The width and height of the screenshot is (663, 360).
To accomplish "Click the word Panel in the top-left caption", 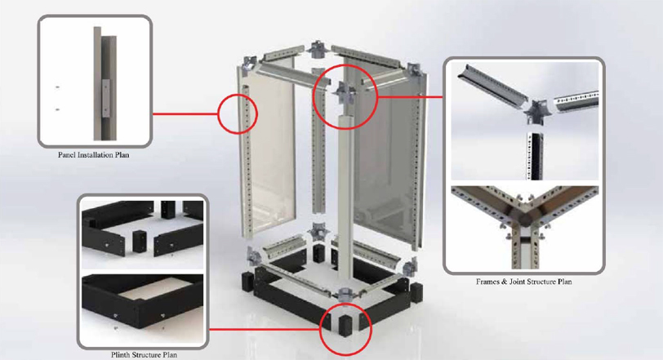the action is pyautogui.click(x=66, y=155).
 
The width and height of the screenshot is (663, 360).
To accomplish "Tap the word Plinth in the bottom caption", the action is pyautogui.click(x=121, y=355).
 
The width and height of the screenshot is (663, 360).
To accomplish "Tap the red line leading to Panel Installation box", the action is pyautogui.click(x=185, y=113).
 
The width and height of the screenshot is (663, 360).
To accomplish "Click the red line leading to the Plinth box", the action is pyautogui.click(x=265, y=329).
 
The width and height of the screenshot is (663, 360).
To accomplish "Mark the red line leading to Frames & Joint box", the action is pyautogui.click(x=410, y=97).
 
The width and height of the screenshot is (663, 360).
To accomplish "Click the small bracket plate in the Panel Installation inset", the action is pyautogui.click(x=105, y=98).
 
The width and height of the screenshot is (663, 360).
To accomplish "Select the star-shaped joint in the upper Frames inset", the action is pyautogui.click(x=536, y=111).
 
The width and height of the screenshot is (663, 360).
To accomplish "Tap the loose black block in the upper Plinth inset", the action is pyautogui.click(x=139, y=241).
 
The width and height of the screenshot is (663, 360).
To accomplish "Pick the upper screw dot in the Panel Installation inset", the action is pyautogui.click(x=57, y=87).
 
